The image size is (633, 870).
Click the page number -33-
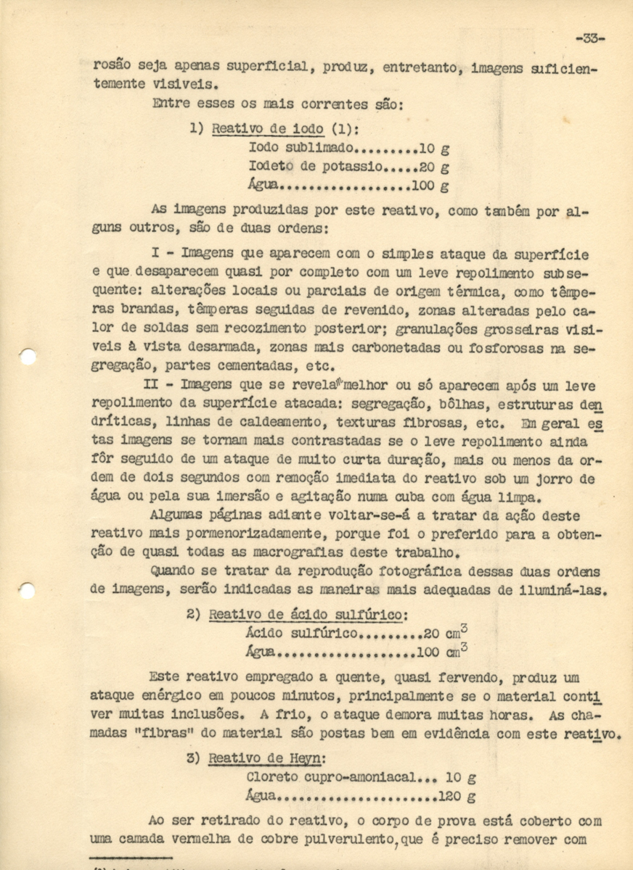tap(589, 38)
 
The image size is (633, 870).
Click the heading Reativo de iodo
tap(268, 129)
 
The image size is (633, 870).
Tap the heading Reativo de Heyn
tap(266, 759)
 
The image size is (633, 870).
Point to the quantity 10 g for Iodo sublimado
tap(434, 148)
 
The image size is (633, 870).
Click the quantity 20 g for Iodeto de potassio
tap(434, 167)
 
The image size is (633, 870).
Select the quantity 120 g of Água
tap(457, 796)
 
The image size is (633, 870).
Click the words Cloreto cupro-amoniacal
tap(332, 777)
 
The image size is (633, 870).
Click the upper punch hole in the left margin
tap(28, 356)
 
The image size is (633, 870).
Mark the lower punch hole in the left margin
tap(27, 590)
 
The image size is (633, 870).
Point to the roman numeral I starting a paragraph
tap(155, 254)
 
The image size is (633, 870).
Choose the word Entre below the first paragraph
tap(171, 103)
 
